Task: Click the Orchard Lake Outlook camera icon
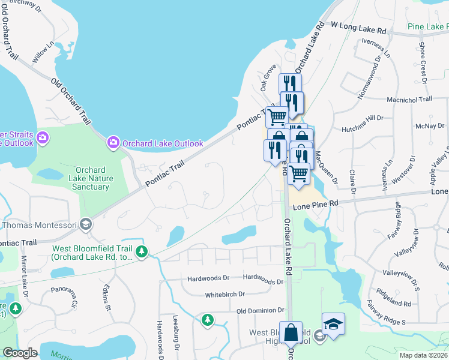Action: [113, 143]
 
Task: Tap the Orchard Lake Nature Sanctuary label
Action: [92, 178]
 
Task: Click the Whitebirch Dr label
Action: [225, 295]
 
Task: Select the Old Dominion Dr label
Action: [260, 310]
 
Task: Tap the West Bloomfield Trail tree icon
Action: [142, 252]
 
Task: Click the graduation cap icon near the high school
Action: [333, 325]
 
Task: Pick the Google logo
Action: [20, 353]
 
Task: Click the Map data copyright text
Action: [424, 355]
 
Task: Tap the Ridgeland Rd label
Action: [395, 295]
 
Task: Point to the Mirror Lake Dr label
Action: [25, 278]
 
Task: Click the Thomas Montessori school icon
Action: [86, 224]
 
